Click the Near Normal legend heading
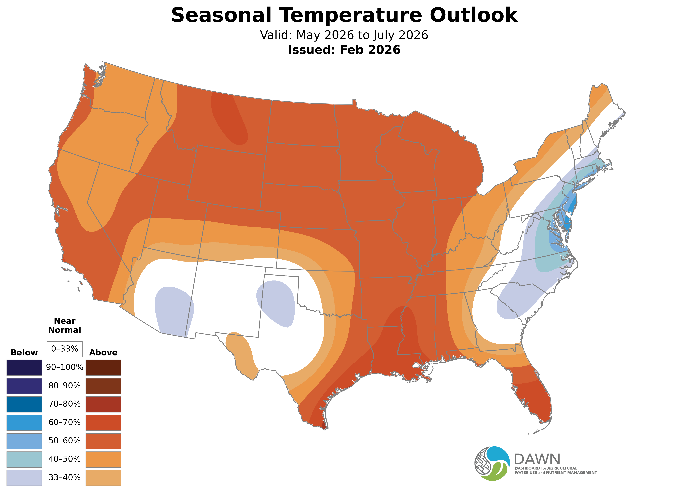[x=64, y=325]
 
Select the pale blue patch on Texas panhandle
[x=276, y=302]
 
